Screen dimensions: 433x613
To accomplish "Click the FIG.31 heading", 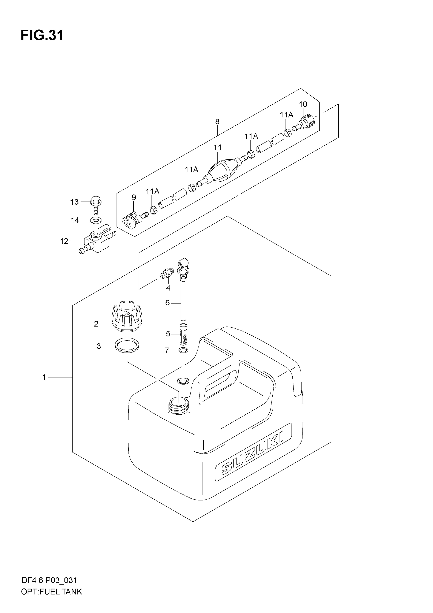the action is [42, 35].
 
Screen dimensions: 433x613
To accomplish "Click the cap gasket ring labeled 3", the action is [127, 345].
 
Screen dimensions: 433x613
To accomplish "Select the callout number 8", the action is [217, 122].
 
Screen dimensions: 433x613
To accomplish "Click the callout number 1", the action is [44, 377].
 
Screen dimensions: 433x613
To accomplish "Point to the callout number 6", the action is [168, 303].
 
